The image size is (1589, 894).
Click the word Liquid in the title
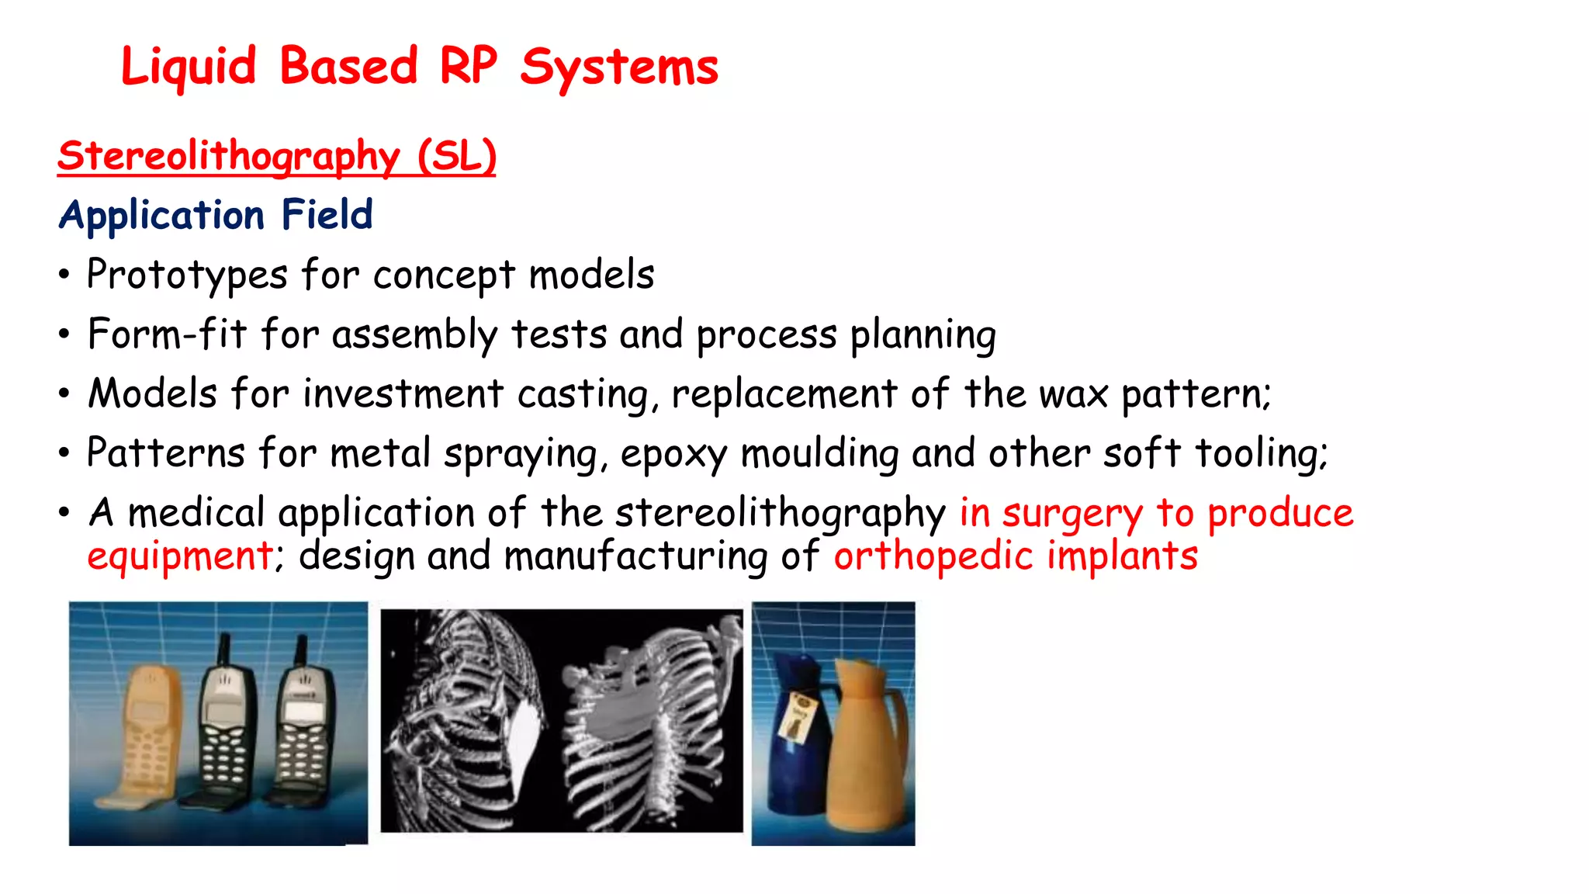189,68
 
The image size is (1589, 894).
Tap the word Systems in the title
619,68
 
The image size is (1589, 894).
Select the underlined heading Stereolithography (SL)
276,156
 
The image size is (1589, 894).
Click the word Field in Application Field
327,215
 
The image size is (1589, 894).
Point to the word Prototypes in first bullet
187,275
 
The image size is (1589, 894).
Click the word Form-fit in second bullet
167,334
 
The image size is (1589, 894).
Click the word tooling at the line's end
1260,453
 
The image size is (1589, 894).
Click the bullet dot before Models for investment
64,393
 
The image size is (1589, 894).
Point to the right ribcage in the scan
652,722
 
